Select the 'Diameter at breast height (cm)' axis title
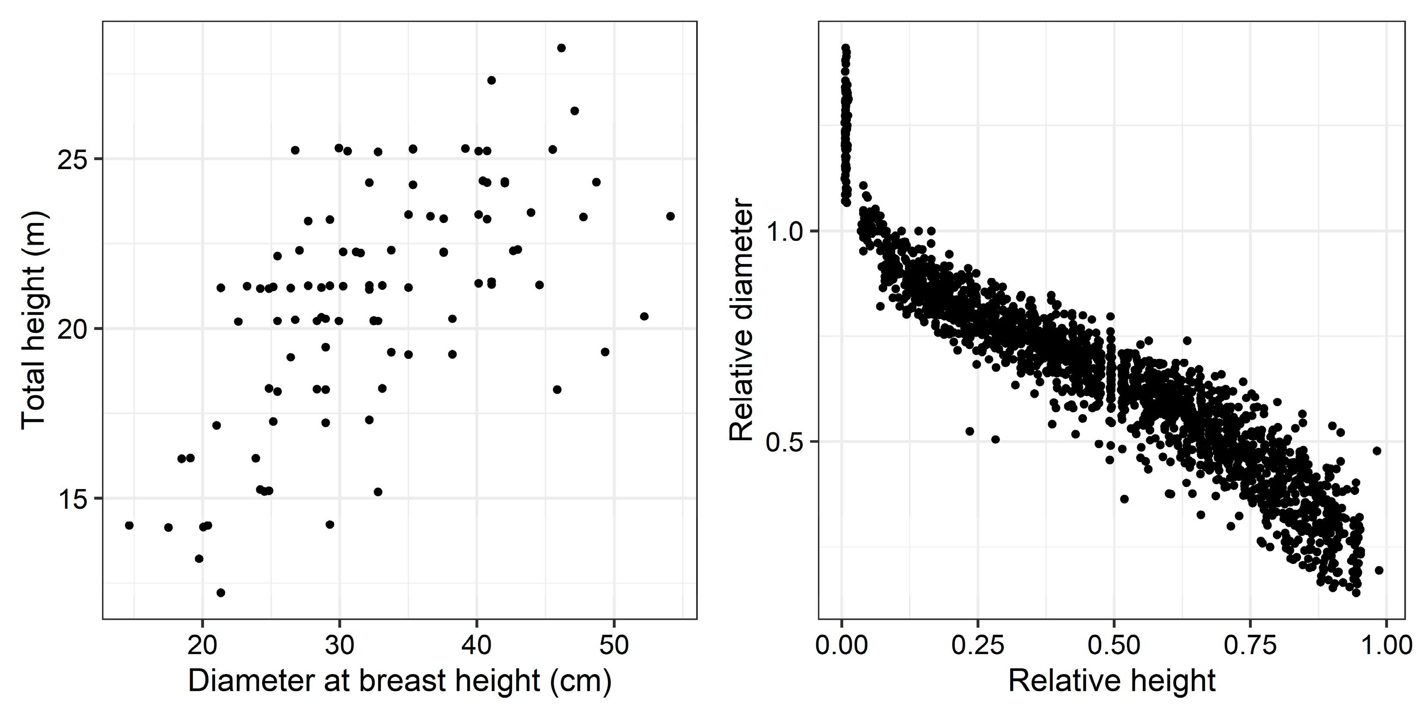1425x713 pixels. pos(399,682)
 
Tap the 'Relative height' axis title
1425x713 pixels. pos(1112,682)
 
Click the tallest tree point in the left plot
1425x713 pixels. pos(561,48)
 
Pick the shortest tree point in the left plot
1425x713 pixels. pos(221,593)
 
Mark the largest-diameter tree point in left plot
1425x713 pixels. pos(670,216)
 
